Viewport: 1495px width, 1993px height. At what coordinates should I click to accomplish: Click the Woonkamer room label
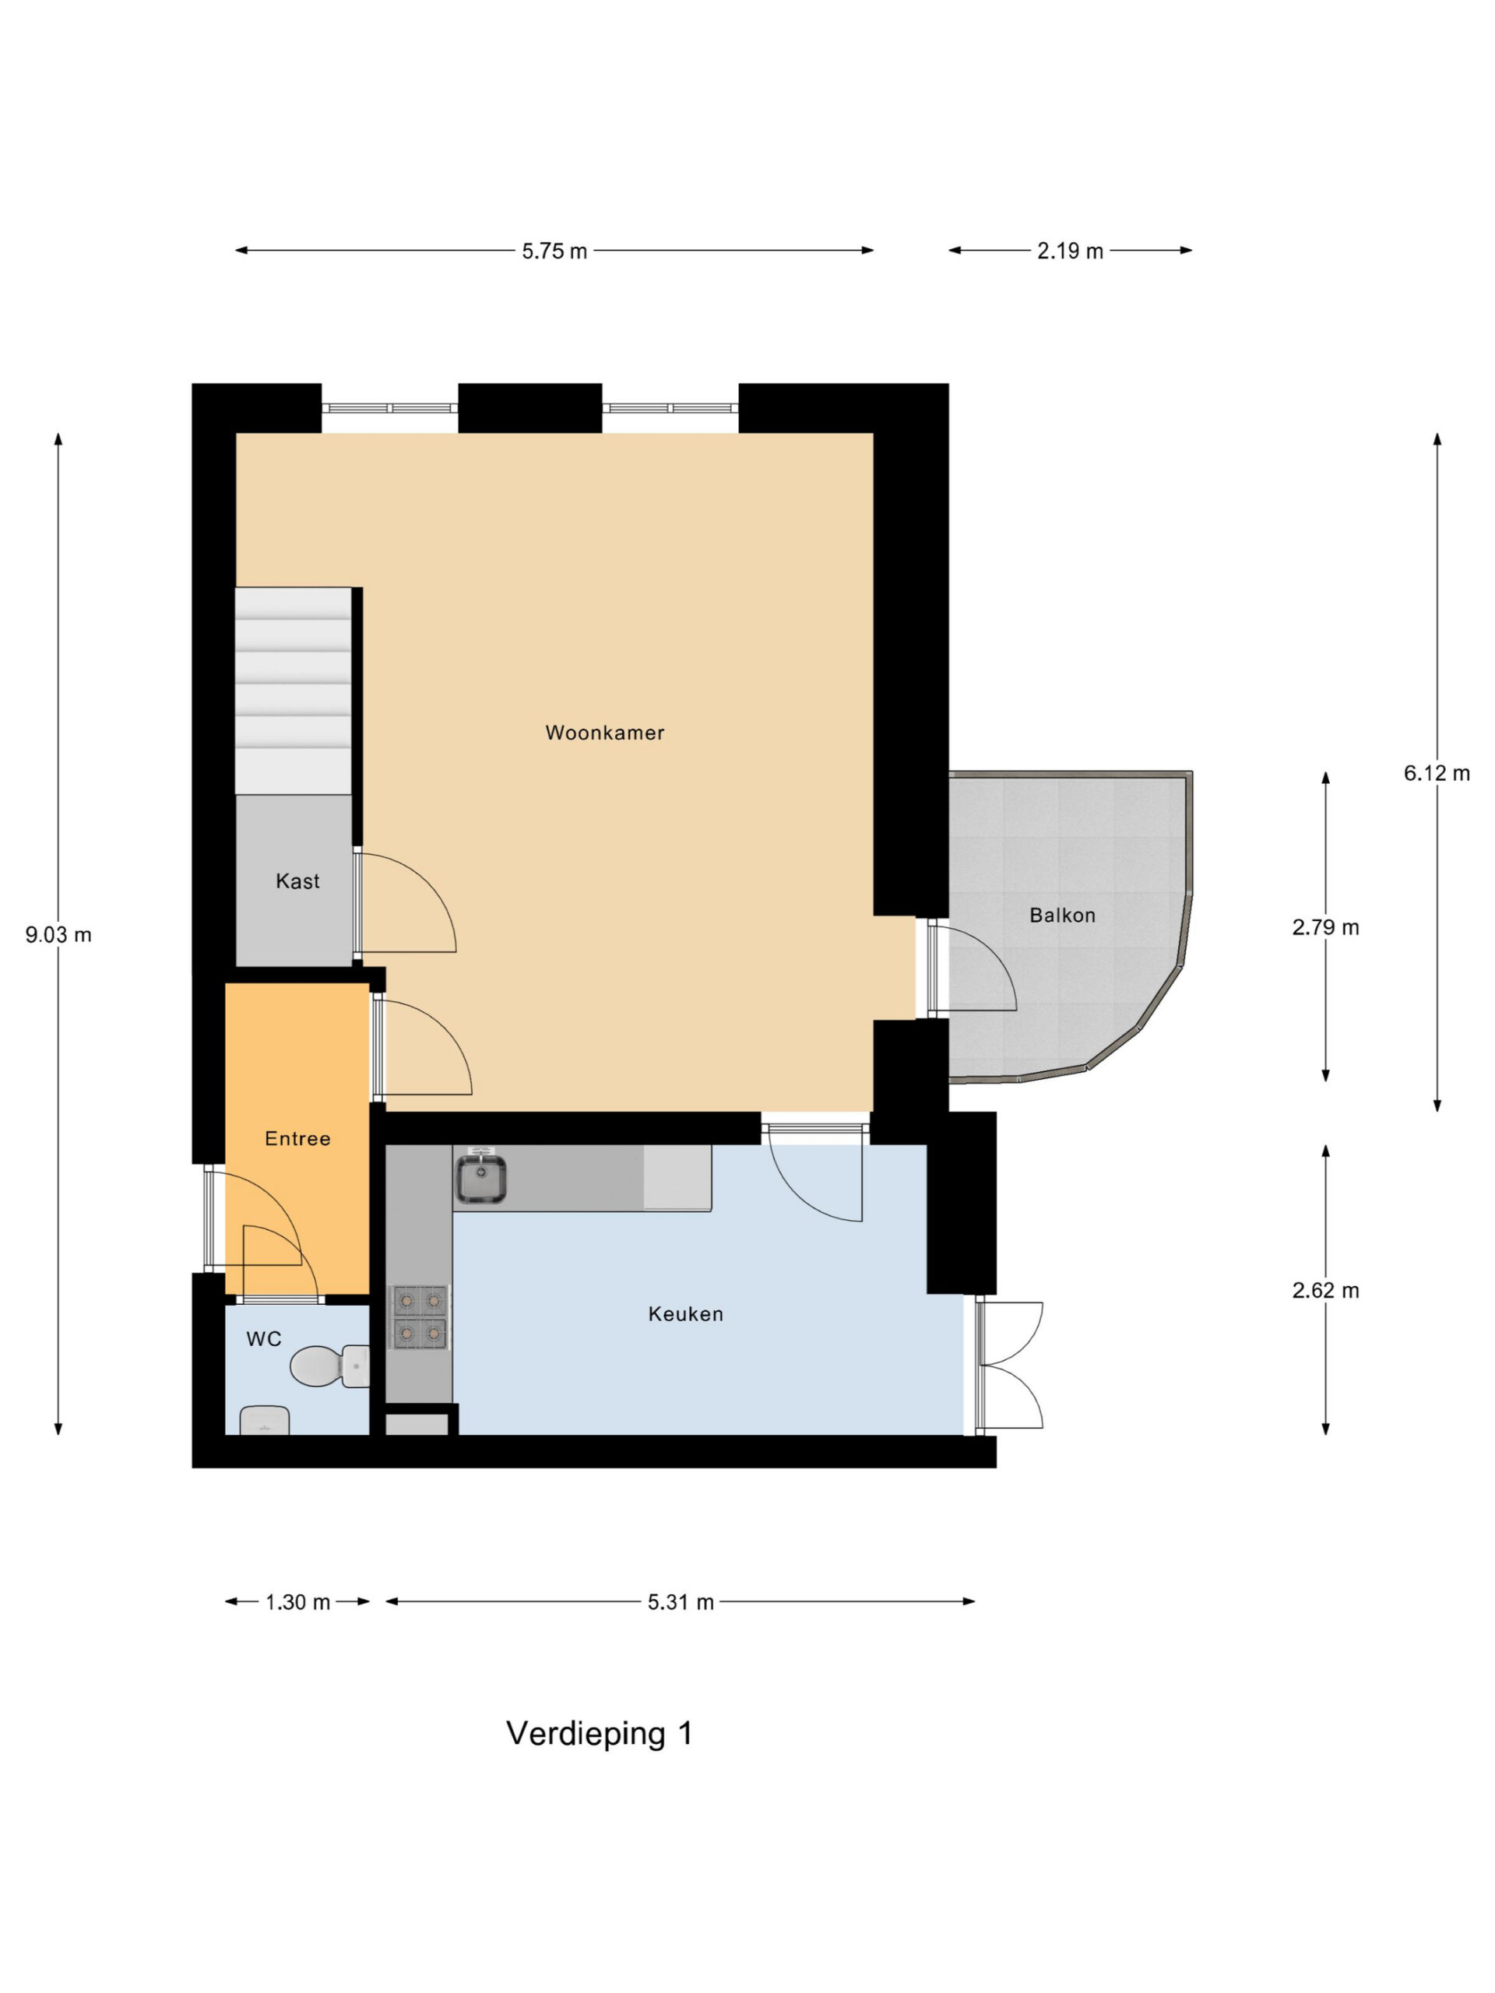click(x=605, y=733)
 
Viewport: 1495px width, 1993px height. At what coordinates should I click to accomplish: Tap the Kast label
click(x=297, y=881)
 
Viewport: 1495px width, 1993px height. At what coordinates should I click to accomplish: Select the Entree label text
click(x=297, y=1139)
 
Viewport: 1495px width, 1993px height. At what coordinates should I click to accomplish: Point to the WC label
click(x=264, y=1339)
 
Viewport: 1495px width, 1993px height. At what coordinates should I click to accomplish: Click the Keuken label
click(x=686, y=1313)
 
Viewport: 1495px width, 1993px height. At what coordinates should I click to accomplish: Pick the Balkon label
click(x=1062, y=916)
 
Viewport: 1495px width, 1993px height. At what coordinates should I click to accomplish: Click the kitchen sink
click(x=480, y=1176)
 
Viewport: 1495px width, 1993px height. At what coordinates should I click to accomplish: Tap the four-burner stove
click(x=419, y=1317)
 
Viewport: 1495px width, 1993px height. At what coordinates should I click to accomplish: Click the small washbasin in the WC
click(x=264, y=1421)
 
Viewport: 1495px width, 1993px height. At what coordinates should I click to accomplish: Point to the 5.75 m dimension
click(x=554, y=251)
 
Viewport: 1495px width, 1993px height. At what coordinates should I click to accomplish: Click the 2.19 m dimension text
click(x=1070, y=251)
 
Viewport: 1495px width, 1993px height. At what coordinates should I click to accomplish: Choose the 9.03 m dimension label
click(x=58, y=934)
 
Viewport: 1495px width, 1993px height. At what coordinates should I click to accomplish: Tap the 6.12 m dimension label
click(x=1437, y=772)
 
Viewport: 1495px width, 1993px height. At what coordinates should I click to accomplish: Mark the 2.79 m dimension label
click(x=1324, y=927)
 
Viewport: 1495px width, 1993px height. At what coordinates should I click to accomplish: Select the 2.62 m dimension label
click(x=1324, y=1290)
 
